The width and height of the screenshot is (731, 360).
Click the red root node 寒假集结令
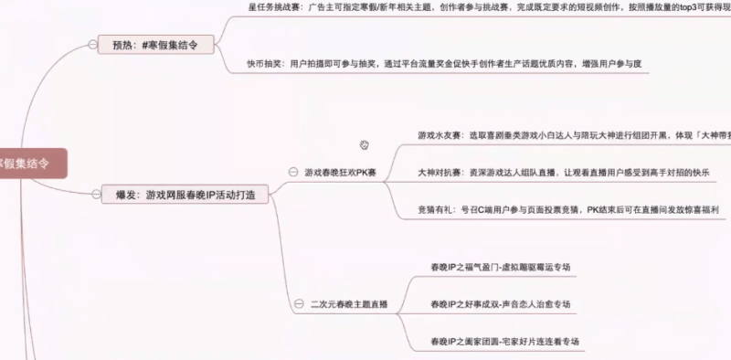click(x=27, y=162)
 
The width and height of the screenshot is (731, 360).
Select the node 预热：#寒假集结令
click(x=154, y=44)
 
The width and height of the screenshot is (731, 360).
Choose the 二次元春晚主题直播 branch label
click(x=349, y=303)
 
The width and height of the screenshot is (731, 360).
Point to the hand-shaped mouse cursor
click(x=365, y=144)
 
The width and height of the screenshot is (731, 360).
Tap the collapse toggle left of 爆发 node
click(x=95, y=195)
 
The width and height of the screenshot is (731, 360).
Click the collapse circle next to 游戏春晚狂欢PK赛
click(x=292, y=172)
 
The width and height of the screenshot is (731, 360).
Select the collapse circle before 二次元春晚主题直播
click(x=299, y=303)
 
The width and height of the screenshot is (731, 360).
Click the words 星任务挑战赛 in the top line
click(x=271, y=5)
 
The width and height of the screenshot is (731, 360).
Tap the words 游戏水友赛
click(x=439, y=135)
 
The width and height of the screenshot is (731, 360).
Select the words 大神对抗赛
click(x=439, y=173)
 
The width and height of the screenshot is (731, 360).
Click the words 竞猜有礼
click(x=435, y=209)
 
